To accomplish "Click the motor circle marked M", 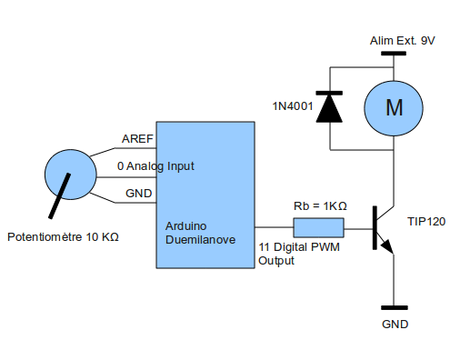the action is [394, 108].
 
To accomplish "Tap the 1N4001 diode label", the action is [293, 106].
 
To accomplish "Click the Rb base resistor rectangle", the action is [318, 227].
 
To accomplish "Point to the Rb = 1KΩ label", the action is [320, 206].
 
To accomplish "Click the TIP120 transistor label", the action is [426, 222].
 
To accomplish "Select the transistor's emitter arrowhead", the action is [387, 246].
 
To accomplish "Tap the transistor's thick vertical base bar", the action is [375, 228].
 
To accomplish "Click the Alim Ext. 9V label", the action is [402, 41].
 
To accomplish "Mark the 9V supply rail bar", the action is [394, 54].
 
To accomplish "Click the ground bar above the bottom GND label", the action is [394, 307].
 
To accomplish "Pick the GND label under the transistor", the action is [395, 325].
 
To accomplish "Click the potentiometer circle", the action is [71, 175].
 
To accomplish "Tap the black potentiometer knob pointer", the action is [60, 195].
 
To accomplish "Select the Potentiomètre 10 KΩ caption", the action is [63, 237].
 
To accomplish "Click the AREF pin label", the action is [137, 139].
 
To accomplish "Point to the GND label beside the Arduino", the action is [138, 194].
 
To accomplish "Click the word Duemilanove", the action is [200, 240].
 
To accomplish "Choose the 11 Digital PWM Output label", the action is [299, 254].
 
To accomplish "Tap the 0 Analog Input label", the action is [155, 166].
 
